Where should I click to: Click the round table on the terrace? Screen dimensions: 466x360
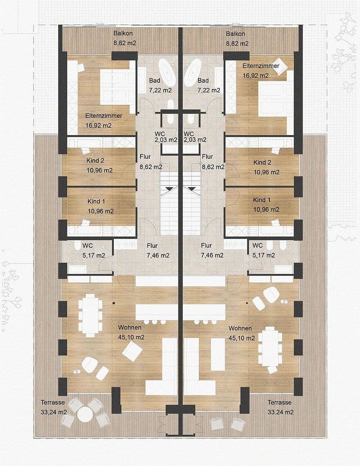[85, 415]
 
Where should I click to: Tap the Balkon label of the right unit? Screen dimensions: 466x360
[236, 34]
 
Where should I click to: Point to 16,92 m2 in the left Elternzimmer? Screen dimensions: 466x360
[98, 126]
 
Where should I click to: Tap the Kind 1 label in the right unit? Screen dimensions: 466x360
[262, 200]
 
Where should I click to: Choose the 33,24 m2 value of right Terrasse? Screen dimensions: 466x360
[280, 412]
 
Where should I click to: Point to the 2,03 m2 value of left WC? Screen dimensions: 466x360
[166, 140]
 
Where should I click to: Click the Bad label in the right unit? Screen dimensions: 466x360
[203, 81]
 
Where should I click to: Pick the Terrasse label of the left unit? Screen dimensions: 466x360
[53, 402]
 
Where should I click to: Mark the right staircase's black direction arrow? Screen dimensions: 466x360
[191, 189]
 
